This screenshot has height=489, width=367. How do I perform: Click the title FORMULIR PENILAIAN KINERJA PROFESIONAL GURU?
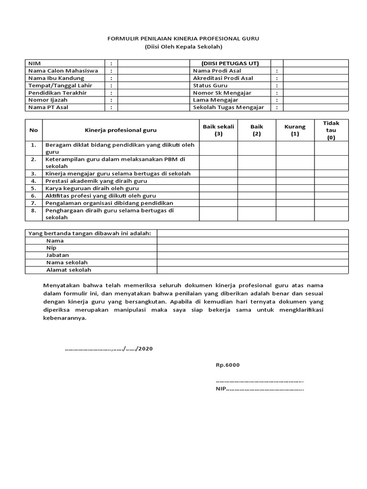[183, 39]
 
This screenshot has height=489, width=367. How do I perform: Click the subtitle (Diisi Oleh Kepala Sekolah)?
[183, 47]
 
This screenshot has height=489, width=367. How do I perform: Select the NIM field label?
[35, 63]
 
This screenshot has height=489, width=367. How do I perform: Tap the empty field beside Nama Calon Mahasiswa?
[153, 71]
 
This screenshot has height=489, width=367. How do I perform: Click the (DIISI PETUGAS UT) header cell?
[230, 63]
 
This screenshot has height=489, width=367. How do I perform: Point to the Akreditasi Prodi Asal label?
[223, 78]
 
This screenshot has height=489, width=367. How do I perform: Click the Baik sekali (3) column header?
[218, 130]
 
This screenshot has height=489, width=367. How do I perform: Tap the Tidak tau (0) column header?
[331, 130]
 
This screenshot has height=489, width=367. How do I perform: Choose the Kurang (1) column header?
[295, 130]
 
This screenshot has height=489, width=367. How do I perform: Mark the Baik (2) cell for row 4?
[257, 181]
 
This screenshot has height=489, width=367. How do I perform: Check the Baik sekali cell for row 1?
[218, 148]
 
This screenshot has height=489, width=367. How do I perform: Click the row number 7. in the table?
[33, 203]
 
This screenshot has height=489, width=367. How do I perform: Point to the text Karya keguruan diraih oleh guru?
[88, 188]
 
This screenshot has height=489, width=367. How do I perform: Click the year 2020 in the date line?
[145, 349]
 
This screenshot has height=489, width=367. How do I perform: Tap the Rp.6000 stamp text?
[227, 365]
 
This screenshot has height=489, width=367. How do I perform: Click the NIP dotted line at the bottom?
[260, 389]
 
